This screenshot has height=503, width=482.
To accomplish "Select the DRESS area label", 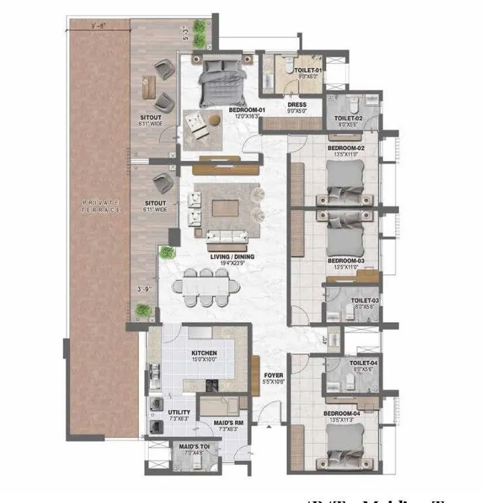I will [x=297, y=105].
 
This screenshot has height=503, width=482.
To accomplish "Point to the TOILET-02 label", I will [x=341, y=119].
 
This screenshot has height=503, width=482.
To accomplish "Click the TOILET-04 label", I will [x=362, y=363].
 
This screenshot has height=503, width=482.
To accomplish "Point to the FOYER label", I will [x=272, y=376].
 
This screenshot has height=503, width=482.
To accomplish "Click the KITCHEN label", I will [x=204, y=353].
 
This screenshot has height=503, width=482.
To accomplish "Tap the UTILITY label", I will [x=179, y=413].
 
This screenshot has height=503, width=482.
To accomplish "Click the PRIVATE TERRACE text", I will [x=102, y=206].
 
